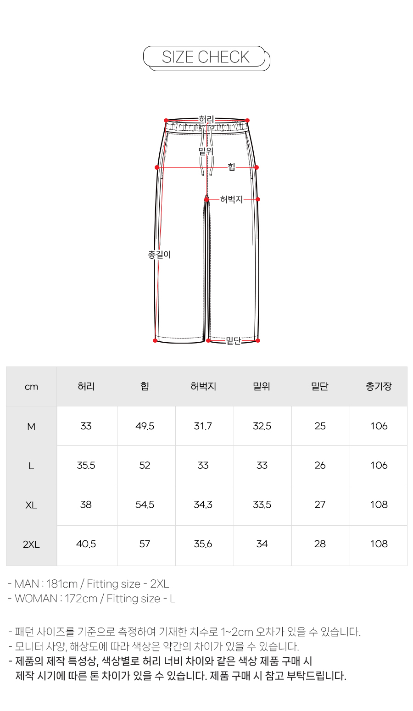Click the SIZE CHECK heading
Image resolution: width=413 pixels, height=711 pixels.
[x=206, y=57]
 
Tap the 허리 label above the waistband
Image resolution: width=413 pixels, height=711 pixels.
[x=206, y=120]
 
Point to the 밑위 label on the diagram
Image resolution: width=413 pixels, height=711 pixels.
[x=206, y=151]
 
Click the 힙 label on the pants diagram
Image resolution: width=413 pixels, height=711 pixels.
[x=231, y=167]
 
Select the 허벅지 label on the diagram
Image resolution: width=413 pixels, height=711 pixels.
[x=231, y=200]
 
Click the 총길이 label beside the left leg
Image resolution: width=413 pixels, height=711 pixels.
[x=159, y=255]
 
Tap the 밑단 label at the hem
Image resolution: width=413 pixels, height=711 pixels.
[x=234, y=341]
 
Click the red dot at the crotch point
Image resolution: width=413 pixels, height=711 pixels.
[x=206, y=200]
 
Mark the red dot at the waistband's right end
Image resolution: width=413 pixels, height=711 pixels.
[x=247, y=120]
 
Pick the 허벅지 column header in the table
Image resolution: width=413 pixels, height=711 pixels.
[x=203, y=386]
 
